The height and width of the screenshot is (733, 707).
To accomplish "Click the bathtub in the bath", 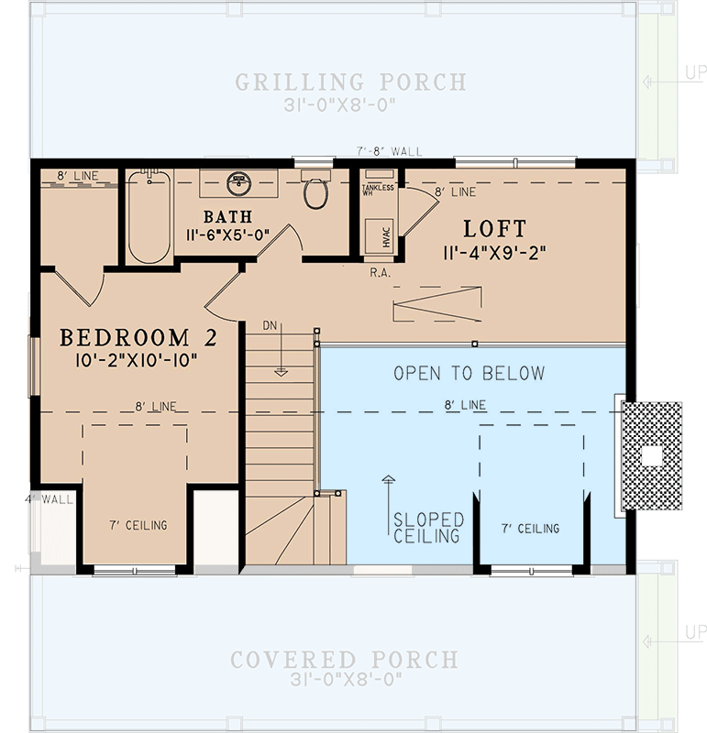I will coord(148,216).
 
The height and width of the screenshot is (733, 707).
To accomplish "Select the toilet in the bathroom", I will coord(316,191).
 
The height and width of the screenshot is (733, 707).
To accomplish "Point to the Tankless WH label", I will coord(378,189).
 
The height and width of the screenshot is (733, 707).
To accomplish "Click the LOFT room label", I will coord(495,228).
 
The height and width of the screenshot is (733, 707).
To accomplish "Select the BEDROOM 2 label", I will coord(138,338).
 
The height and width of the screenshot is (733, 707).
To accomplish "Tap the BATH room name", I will coord(227,216).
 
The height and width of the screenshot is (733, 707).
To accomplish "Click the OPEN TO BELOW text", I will coord(469,373).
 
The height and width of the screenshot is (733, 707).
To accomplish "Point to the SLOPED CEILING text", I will coord(428,528).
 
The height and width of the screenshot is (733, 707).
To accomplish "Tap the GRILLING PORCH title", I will coord(351,82).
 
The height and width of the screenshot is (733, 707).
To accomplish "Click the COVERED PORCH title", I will coord(344,660).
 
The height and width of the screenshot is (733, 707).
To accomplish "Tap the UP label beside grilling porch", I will coord(694,72).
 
